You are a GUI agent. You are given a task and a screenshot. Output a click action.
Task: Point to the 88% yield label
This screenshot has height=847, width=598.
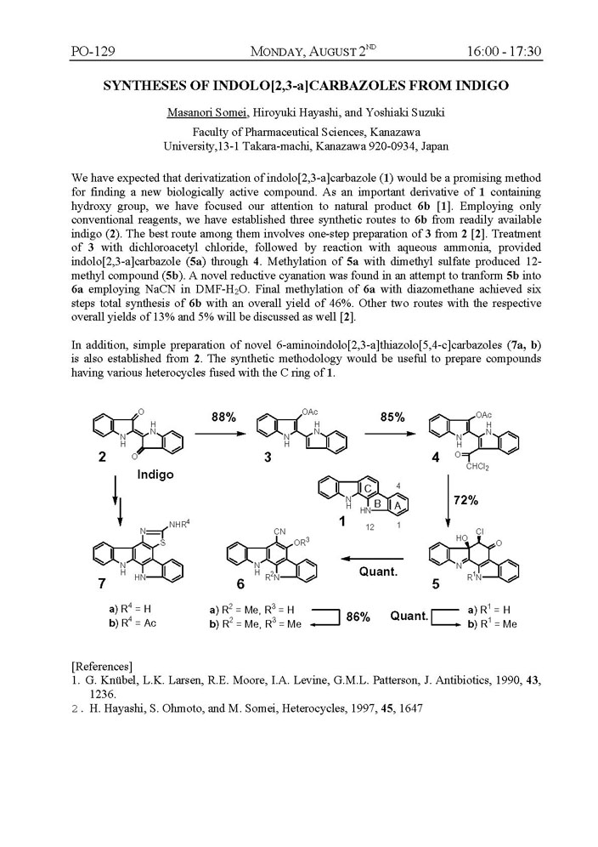pyautogui.click(x=224, y=417)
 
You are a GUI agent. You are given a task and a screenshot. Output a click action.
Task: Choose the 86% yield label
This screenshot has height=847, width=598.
pyautogui.click(x=358, y=617)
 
